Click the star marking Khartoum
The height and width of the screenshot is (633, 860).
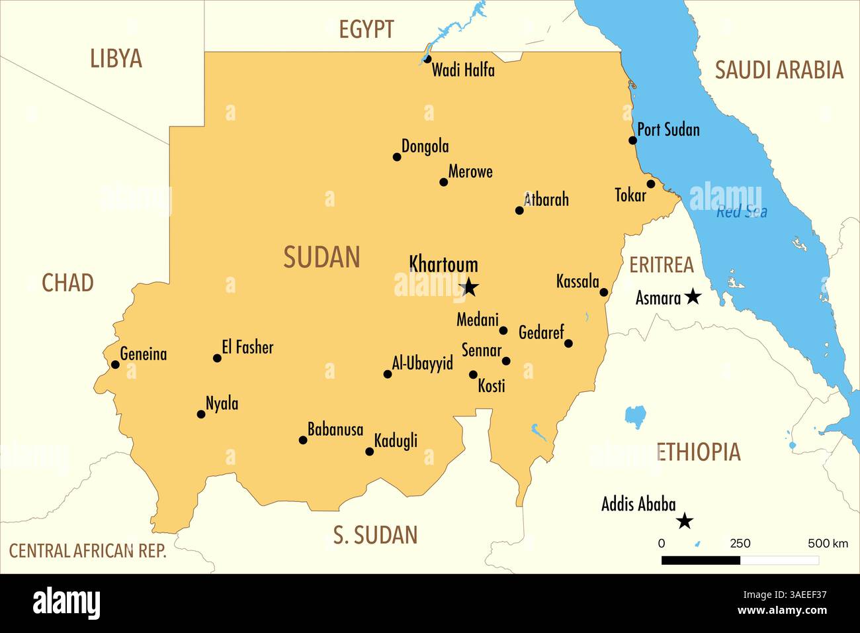tap(469, 287)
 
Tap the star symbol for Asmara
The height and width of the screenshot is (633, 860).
tap(693, 296)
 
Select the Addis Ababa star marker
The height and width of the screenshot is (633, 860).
tap(685, 521)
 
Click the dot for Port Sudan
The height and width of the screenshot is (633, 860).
tap(632, 140)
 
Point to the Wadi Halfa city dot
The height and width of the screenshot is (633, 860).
tap(427, 59)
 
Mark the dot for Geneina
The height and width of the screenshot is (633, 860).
tap(115, 365)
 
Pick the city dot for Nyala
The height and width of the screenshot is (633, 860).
tap(201, 414)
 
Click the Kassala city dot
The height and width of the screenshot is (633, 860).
tap(603, 292)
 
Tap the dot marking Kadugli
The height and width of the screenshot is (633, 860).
tap(370, 452)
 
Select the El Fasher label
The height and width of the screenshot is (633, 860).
tap(247, 347)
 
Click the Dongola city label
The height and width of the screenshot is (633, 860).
tap(425, 146)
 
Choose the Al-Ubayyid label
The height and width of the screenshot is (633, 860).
tap(422, 363)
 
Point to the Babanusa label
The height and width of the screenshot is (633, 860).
tap(335, 430)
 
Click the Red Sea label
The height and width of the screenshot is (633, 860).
tap(742, 212)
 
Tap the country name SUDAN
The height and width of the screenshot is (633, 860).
tap(322, 257)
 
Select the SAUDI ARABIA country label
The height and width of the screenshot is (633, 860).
tap(779, 70)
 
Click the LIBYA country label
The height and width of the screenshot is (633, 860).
tap(116, 59)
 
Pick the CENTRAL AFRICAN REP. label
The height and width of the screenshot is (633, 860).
tap(88, 551)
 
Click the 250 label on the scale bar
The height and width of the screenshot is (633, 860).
tap(740, 544)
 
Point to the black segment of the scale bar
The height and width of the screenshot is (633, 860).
tap(701, 560)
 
